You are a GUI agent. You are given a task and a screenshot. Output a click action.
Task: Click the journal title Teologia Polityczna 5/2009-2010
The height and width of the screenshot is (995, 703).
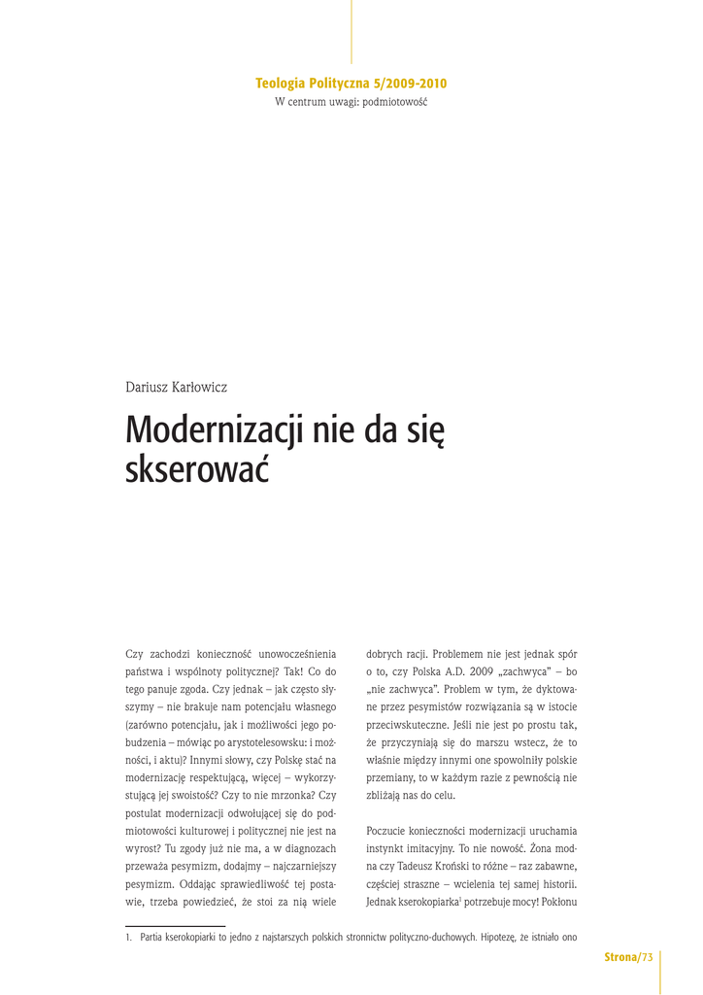tap(351, 84)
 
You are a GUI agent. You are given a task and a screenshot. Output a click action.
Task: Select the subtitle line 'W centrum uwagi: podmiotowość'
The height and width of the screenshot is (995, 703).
tap(351, 102)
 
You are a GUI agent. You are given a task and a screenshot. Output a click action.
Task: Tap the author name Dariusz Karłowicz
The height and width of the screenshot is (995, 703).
tap(176, 387)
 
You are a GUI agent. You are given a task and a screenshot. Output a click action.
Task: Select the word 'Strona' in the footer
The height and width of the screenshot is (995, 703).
tap(619, 958)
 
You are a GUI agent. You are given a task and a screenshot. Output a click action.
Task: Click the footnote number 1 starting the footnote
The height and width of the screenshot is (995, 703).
tap(127, 938)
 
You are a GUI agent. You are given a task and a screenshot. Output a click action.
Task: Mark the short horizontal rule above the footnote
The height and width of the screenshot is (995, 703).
tap(175, 926)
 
